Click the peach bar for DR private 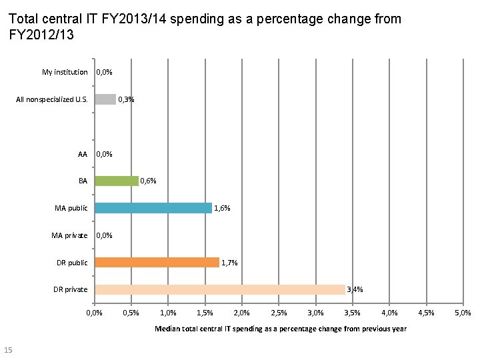click(220, 289)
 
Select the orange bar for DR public click(157, 263)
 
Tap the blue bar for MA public click(153, 208)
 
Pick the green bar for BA click(117, 181)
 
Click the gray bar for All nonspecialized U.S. click(105, 99)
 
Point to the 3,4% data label click(355, 289)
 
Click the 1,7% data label click(229, 263)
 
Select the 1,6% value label click(222, 208)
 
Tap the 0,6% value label click(148, 181)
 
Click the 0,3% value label click(126, 99)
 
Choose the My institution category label click(65, 72)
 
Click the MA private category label click(69, 235)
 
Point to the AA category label click(83, 154)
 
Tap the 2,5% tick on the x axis click(279, 313)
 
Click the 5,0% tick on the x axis click(463, 313)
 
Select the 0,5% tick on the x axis click(131, 313)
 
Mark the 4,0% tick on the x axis click(389, 313)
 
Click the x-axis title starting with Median click(280, 329)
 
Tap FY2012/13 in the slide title click(41, 34)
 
